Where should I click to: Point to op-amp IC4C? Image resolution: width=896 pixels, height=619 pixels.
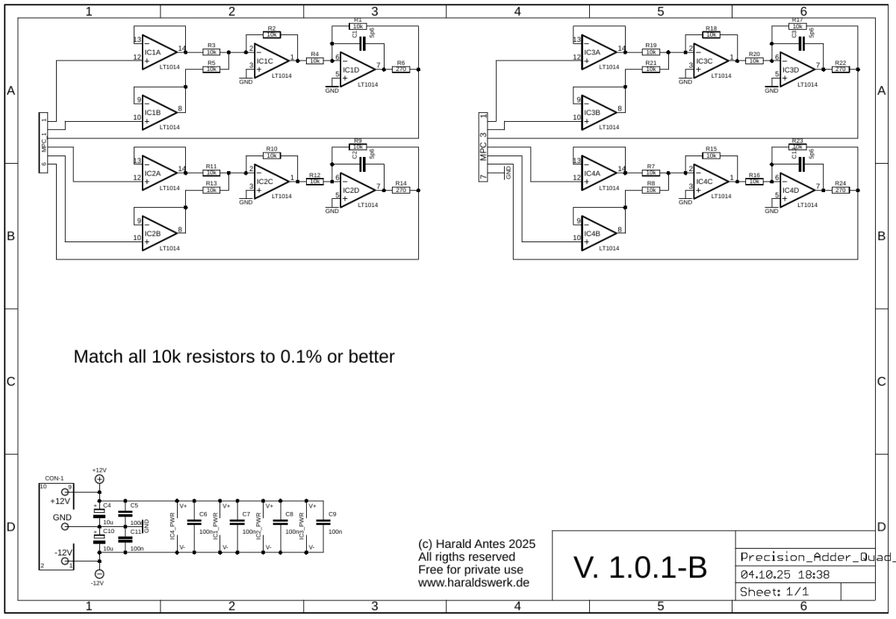(x=711, y=182)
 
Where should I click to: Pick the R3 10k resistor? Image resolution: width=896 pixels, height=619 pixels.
(x=211, y=52)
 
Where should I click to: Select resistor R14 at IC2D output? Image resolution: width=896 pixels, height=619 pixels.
(x=401, y=191)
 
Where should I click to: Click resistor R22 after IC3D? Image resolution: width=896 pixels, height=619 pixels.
(x=841, y=70)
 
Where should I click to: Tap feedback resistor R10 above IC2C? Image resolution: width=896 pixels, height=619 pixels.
(x=272, y=156)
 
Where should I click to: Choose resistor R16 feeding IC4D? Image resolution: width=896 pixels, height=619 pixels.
(x=754, y=182)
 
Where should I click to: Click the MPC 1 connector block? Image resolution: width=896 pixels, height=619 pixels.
(x=45, y=143)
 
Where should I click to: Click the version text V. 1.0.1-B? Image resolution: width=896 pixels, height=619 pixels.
(x=640, y=567)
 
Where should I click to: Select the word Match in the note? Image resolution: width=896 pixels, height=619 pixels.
(x=97, y=357)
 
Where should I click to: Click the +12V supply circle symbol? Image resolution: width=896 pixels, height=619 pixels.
(x=99, y=479)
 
